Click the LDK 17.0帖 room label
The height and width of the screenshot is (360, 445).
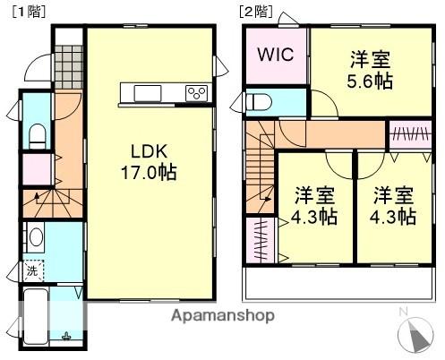(149, 161)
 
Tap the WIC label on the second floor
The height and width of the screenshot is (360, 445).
(276, 55)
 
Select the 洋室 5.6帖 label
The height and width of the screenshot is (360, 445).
(370, 70)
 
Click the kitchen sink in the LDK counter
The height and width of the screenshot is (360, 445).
(148, 93)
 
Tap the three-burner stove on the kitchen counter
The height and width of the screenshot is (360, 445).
(196, 93)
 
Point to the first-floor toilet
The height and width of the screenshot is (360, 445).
(38, 136)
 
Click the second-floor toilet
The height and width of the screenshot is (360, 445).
(260, 103)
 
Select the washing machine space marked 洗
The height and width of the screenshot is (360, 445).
(33, 270)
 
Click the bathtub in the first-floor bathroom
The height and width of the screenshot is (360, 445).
(36, 316)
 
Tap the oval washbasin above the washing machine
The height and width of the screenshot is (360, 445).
(36, 237)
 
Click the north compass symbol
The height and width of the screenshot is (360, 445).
(415, 332)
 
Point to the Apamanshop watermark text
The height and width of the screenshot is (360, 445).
(223, 316)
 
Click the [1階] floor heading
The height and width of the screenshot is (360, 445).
(29, 12)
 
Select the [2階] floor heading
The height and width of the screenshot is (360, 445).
(255, 12)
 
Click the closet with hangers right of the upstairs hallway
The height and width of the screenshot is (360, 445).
(411, 135)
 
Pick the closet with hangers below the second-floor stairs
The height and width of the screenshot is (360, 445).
(261, 240)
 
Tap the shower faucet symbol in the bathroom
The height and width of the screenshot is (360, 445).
(66, 337)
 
